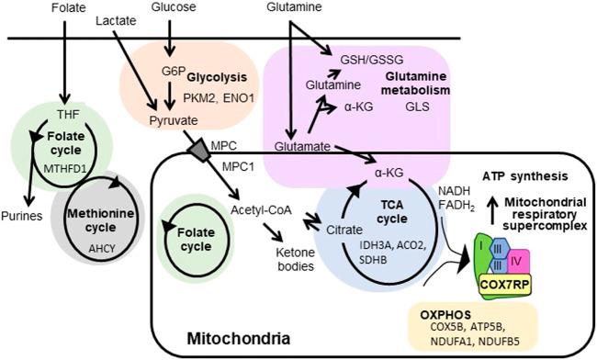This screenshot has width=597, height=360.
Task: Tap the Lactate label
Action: click(117, 19)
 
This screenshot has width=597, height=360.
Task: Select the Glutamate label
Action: click(301, 145)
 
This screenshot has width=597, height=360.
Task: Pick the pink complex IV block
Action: click(541, 260)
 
